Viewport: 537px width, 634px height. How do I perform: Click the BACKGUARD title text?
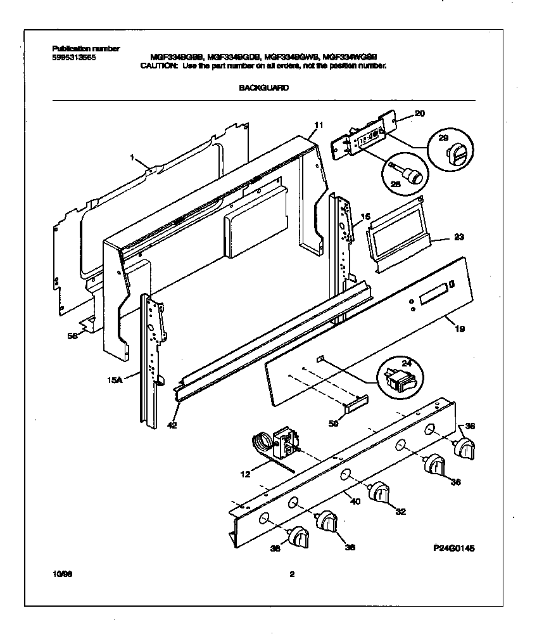coord(263,88)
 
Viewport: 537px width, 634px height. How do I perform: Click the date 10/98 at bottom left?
coord(63,574)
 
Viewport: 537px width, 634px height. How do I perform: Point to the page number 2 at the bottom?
coord(291,575)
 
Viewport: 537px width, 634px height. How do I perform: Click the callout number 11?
coord(318,124)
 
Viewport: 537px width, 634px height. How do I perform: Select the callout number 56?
coord(73,336)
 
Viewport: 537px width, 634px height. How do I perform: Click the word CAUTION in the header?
coord(159,65)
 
